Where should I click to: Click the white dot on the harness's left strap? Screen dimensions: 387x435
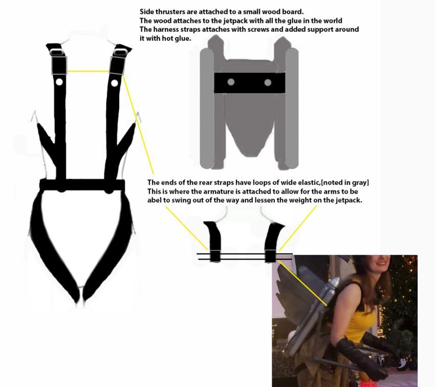(59, 82)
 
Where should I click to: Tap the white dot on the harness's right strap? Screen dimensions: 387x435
(115, 82)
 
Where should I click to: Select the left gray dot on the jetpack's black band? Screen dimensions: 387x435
(231, 82)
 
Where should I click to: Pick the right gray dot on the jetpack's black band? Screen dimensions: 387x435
(268, 82)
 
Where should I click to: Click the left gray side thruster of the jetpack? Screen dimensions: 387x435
(207, 107)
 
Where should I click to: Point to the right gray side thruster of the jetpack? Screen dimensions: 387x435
(292, 107)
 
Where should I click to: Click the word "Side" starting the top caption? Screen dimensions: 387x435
(147, 11)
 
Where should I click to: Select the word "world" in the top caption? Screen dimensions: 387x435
(331, 20)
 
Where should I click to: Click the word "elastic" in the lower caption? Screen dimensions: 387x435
(311, 183)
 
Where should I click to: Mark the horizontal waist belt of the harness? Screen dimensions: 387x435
(82, 185)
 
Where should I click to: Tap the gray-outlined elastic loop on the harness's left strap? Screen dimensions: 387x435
(59, 65)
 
